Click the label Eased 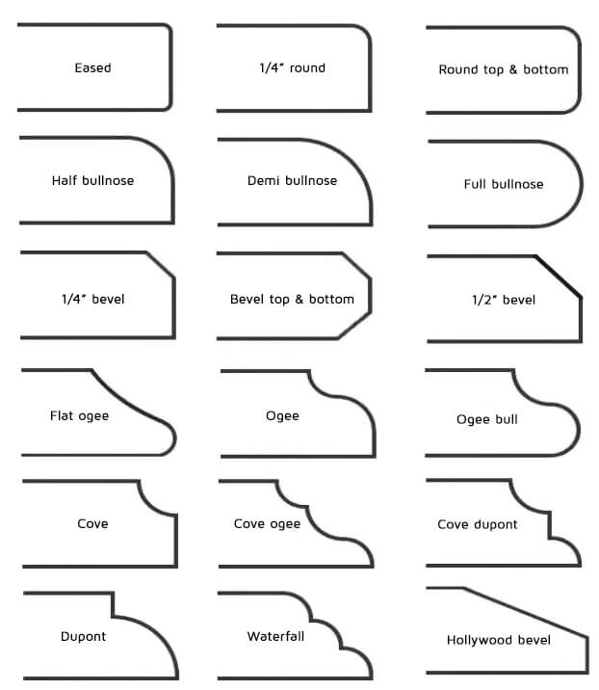pos(92,67)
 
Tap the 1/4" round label pos(293,67)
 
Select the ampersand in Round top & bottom pos(513,69)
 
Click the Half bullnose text pos(92,180)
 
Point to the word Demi pos(264,180)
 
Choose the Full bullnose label pos(504,184)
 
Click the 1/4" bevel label pos(92,300)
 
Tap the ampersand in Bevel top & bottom pos(299,300)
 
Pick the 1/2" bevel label pos(504,300)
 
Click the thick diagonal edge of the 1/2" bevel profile pos(559,277)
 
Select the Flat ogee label pos(79,416)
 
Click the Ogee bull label pos(487,419)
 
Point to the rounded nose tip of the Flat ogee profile pos(173,438)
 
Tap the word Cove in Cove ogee pos(249,523)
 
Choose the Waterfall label pos(275,636)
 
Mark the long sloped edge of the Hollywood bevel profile pos(526,613)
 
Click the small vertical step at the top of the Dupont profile pos(113,604)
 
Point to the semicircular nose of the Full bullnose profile pos(582,184)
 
